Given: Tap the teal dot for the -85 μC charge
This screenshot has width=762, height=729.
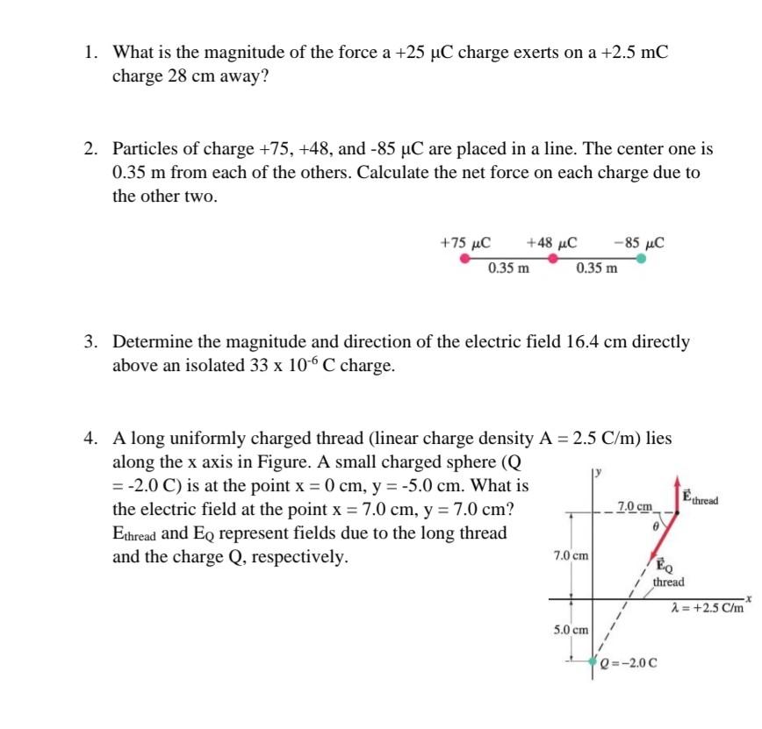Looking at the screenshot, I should [642, 259].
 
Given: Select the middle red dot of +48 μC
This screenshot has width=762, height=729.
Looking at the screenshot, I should [552, 259].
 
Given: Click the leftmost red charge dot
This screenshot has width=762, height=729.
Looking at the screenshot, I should [464, 259].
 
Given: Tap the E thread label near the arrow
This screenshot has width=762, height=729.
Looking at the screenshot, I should [701, 498].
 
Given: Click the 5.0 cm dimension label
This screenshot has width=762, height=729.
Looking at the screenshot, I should [571, 630].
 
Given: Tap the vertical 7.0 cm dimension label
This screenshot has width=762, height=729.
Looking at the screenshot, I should [571, 555].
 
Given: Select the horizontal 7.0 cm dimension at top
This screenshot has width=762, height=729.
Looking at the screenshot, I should [635, 506].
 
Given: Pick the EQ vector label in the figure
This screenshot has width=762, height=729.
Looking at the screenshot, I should [660, 567].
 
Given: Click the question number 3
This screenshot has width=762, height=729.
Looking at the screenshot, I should [90, 341].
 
